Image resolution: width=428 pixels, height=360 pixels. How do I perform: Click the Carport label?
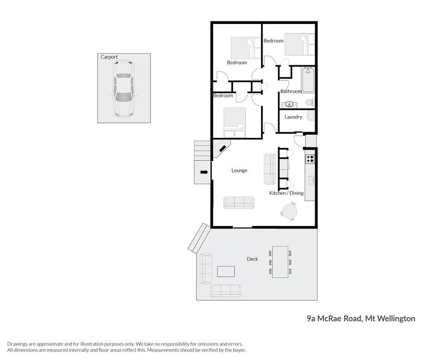[109, 57]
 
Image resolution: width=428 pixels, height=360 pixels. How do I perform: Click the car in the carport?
[123, 89]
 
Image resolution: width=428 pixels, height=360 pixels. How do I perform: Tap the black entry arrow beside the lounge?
[204, 172]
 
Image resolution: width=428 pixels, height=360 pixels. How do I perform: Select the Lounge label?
[239, 170]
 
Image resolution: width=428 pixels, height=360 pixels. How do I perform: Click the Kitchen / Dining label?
[286, 193]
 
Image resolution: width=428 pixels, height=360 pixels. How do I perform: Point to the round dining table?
[289, 211]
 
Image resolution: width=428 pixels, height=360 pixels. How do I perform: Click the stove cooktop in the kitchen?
[310, 159]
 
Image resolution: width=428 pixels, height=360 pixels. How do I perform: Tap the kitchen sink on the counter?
[311, 180]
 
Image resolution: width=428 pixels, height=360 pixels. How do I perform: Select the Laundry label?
[293, 117]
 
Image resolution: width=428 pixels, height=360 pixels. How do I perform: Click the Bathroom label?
[291, 92]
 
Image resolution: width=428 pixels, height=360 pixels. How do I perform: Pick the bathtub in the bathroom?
[308, 80]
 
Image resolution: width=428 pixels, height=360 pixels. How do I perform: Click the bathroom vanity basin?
[289, 104]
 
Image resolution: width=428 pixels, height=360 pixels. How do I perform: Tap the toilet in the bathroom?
[310, 102]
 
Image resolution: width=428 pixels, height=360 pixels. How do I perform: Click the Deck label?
[252, 259]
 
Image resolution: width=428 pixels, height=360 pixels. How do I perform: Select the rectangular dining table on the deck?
[280, 262]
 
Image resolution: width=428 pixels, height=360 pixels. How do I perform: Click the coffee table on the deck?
[226, 271]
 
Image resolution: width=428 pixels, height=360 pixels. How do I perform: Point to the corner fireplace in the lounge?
[221, 148]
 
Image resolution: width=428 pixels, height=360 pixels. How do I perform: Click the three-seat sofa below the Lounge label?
[239, 203]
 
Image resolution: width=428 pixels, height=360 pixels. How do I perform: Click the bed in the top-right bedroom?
[299, 44]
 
